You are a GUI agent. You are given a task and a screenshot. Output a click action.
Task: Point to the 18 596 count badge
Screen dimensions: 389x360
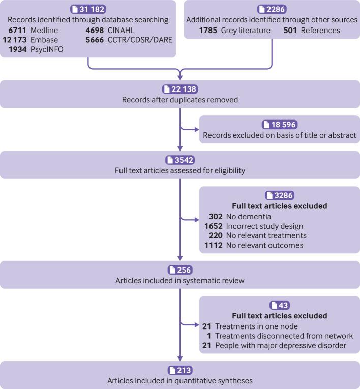tap(279, 125)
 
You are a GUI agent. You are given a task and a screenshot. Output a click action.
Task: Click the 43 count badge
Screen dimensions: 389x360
tap(279, 305)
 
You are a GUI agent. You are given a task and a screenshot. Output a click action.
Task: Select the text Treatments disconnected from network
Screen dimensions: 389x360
tap(284, 336)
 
